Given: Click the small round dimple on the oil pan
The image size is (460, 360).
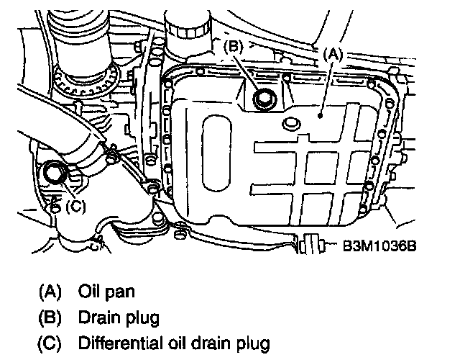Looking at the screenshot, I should click(x=292, y=125).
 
